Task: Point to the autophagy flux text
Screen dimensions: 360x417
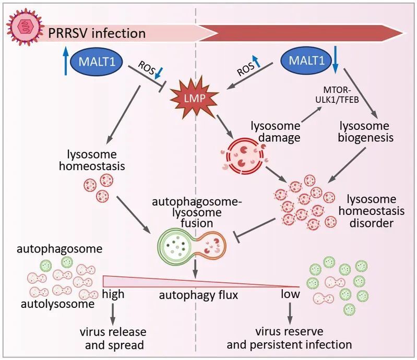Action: pyautogui.click(x=199, y=295)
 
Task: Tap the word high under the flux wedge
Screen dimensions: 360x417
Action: pyautogui.click(x=113, y=294)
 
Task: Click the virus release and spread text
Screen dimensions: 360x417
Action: pyautogui.click(x=113, y=338)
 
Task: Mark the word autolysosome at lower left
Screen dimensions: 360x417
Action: pyautogui.click(x=53, y=302)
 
